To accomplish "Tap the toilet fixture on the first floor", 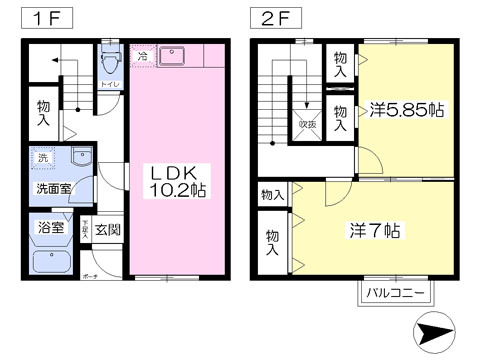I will click(108, 63).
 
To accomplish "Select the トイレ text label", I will click(107, 85).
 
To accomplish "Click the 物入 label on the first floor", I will click(43, 112).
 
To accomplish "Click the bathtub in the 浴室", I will click(50, 263).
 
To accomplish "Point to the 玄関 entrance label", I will click(108, 230).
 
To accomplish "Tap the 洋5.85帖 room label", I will click(405, 109).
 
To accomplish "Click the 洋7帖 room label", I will click(374, 230).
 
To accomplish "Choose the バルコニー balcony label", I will click(395, 293).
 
